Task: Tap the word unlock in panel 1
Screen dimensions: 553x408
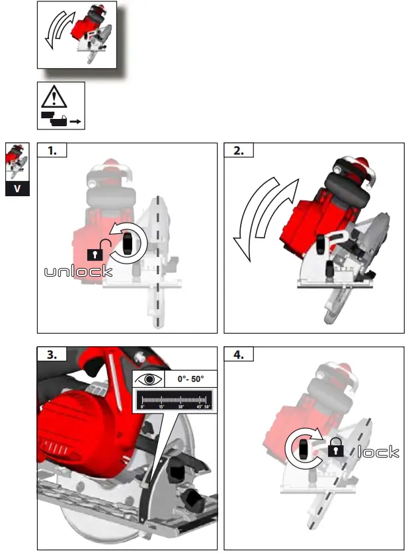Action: (78, 271)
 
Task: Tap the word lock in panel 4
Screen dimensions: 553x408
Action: (378, 452)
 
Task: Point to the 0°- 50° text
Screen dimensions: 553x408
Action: (191, 379)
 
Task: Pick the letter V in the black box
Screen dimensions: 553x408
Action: (17, 188)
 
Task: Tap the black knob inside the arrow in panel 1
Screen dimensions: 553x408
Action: (128, 245)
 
